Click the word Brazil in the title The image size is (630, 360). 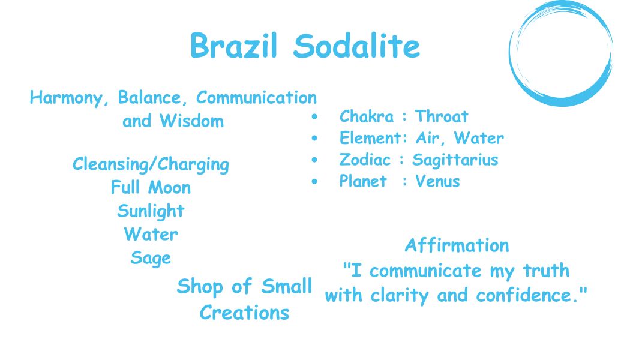[x=234, y=46]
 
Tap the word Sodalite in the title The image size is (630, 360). [x=357, y=46]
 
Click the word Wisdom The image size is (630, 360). [x=191, y=121]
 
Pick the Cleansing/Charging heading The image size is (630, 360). [x=151, y=165]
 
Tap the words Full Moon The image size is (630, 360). [x=151, y=188]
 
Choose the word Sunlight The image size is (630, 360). [x=151, y=211]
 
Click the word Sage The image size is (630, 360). [x=151, y=259]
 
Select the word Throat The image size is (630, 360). [x=442, y=116]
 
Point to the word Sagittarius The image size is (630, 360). [x=455, y=160]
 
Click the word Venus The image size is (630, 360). [x=437, y=181]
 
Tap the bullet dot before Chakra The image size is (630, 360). [x=314, y=116]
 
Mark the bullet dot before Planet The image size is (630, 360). [x=314, y=182]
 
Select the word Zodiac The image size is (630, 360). [x=365, y=160]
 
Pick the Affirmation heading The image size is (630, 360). [x=457, y=245]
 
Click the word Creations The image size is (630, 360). [x=244, y=313]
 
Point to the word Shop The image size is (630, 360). [x=200, y=287]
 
